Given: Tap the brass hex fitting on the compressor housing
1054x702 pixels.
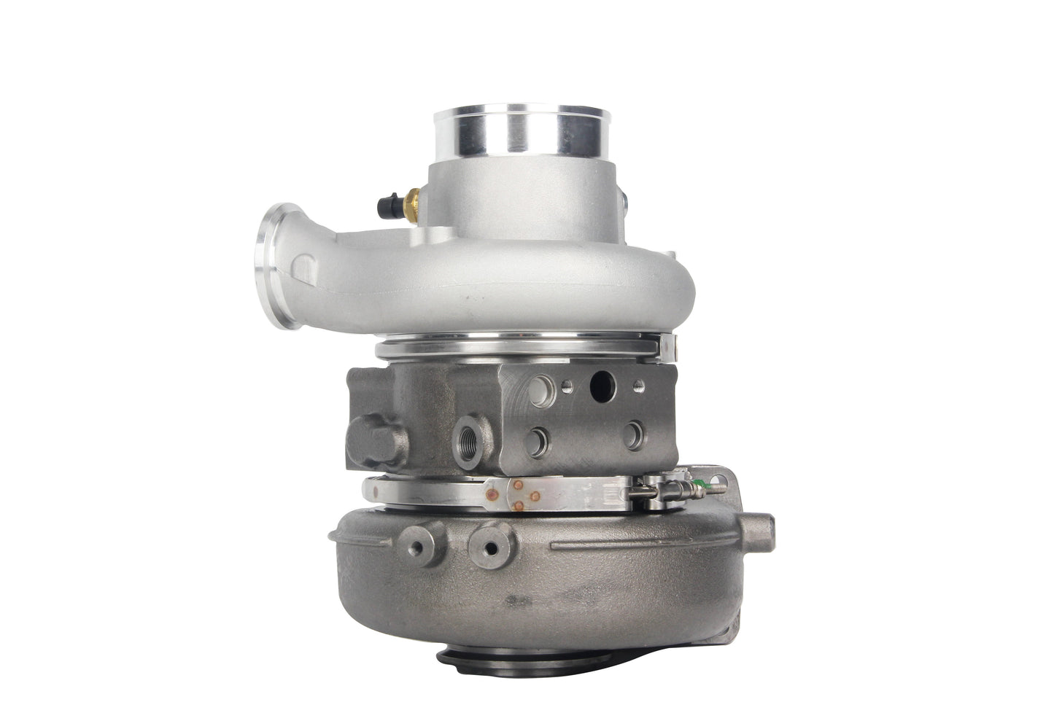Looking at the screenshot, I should tap(414, 197).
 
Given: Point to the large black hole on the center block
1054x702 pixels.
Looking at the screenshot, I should tap(602, 386).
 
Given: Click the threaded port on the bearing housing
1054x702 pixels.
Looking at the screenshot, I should tap(465, 439).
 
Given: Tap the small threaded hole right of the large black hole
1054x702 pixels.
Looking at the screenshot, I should tap(639, 385).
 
